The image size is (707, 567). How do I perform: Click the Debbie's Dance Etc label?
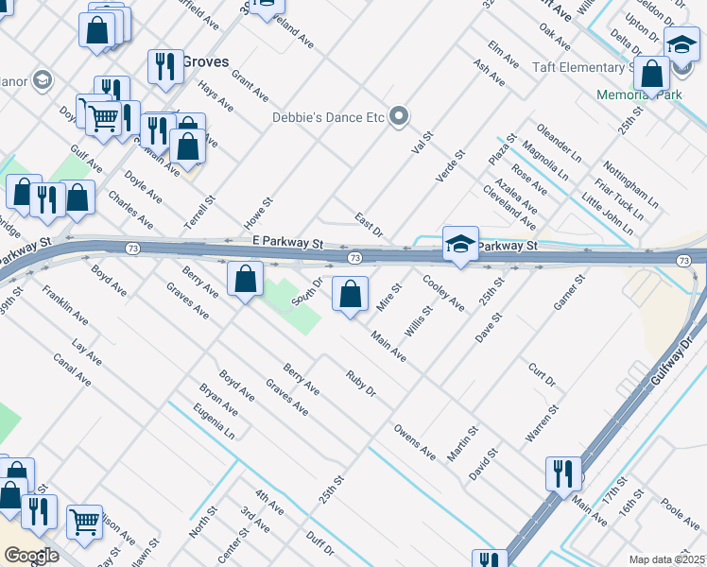click(328, 117)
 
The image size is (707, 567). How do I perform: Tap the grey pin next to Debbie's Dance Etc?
click(399, 117)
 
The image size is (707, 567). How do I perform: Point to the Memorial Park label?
click(639, 95)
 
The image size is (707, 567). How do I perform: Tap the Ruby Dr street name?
click(361, 385)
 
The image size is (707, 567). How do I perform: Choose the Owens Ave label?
click(415, 441)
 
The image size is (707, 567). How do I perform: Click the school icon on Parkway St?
click(460, 244)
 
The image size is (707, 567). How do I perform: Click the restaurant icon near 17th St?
click(563, 473)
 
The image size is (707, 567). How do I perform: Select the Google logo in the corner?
click(31, 556)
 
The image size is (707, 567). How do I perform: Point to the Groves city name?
click(205, 61)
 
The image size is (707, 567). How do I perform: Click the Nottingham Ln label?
click(636, 184)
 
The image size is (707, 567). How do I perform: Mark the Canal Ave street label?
click(72, 371)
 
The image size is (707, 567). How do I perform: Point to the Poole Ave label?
click(680, 515)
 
